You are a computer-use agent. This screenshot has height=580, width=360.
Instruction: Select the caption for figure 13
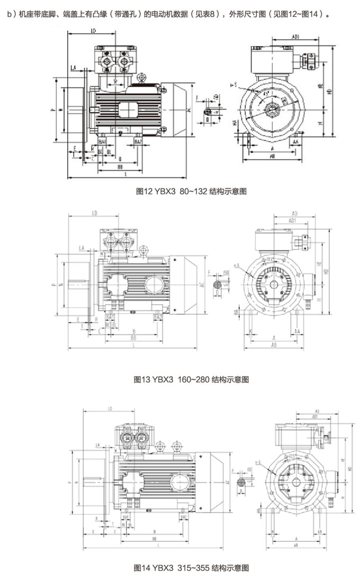(192, 379)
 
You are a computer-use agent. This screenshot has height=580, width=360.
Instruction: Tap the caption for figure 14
(192, 568)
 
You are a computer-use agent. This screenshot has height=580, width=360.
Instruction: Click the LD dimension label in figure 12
(93, 31)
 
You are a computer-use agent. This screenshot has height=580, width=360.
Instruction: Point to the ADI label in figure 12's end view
(296, 37)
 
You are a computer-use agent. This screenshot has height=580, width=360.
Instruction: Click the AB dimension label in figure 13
(275, 345)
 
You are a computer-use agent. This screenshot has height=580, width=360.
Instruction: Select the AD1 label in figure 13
(292, 220)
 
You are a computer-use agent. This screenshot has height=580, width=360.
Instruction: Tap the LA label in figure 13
(81, 248)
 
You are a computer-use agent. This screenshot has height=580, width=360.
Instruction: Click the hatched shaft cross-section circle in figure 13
(217, 284)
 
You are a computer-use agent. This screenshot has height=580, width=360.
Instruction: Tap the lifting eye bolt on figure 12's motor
(140, 78)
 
